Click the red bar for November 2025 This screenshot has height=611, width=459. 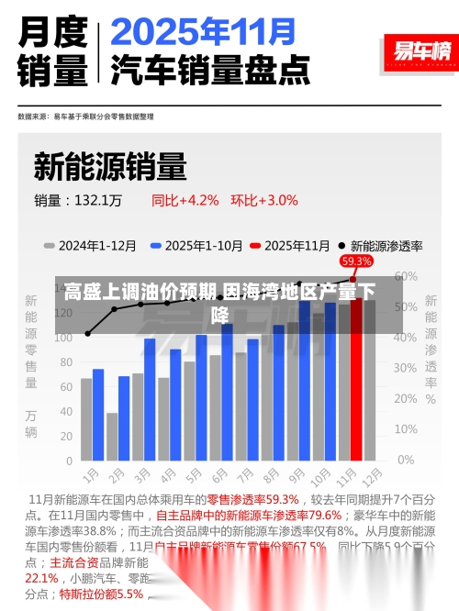point(356,385)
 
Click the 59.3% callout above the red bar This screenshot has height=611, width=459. point(356,261)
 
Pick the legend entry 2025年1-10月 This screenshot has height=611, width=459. point(203,246)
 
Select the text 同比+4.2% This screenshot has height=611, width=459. point(185,199)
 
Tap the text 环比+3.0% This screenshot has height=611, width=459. point(264,199)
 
